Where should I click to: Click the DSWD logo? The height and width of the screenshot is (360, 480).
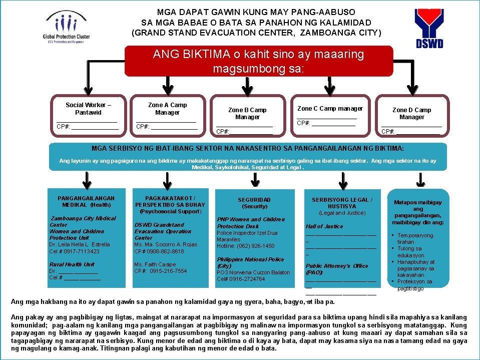(428, 28)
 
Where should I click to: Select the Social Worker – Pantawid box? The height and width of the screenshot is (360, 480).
(88, 116)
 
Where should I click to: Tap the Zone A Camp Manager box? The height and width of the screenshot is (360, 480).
(167, 116)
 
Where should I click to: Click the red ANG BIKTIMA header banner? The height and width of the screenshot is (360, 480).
(258, 61)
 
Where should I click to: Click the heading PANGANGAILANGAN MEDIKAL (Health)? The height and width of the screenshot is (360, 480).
(86, 201)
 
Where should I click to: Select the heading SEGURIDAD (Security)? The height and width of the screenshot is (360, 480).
(254, 203)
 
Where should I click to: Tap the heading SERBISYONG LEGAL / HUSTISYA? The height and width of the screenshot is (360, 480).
(342, 203)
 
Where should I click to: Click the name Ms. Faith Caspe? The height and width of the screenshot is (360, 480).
(155, 264)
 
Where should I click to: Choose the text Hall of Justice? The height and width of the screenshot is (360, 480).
(324, 226)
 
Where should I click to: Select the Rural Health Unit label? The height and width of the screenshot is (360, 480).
(72, 264)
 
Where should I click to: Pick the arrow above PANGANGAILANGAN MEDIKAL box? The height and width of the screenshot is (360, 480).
(86, 179)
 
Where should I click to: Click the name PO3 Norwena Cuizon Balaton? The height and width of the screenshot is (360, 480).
(253, 272)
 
